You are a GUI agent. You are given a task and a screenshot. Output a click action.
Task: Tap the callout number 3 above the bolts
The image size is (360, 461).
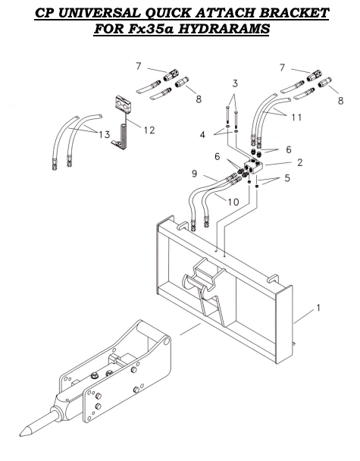(x=236, y=82)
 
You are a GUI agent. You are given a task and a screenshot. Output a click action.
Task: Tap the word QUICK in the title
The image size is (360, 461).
(x=177, y=13)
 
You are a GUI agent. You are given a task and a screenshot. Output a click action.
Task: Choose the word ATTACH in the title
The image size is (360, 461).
(x=231, y=13)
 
